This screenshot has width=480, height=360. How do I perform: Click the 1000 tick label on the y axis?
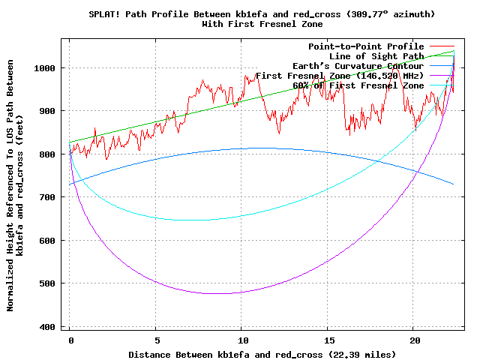pyautogui.click(x=47, y=67)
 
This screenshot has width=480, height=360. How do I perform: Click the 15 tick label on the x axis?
pyautogui.click(x=328, y=340)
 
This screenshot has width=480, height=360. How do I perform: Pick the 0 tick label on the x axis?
pyautogui.click(x=70, y=340)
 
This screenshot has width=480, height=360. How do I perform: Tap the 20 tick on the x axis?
pyautogui.click(x=414, y=340)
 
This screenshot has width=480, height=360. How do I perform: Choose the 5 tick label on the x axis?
pyautogui.click(x=156, y=340)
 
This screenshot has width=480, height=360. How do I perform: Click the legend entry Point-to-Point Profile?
pyautogui.click(x=366, y=46)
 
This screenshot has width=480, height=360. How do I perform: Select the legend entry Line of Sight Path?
pyautogui.click(x=376, y=56)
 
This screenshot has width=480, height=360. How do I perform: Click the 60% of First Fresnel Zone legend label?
pyautogui.click(x=358, y=85)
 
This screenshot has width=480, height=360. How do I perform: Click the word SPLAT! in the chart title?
pyautogui.click(x=104, y=14)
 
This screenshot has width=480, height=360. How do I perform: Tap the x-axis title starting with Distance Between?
pyautogui.click(x=262, y=353)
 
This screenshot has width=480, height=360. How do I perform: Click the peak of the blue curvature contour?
pyautogui.click(x=259, y=148)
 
